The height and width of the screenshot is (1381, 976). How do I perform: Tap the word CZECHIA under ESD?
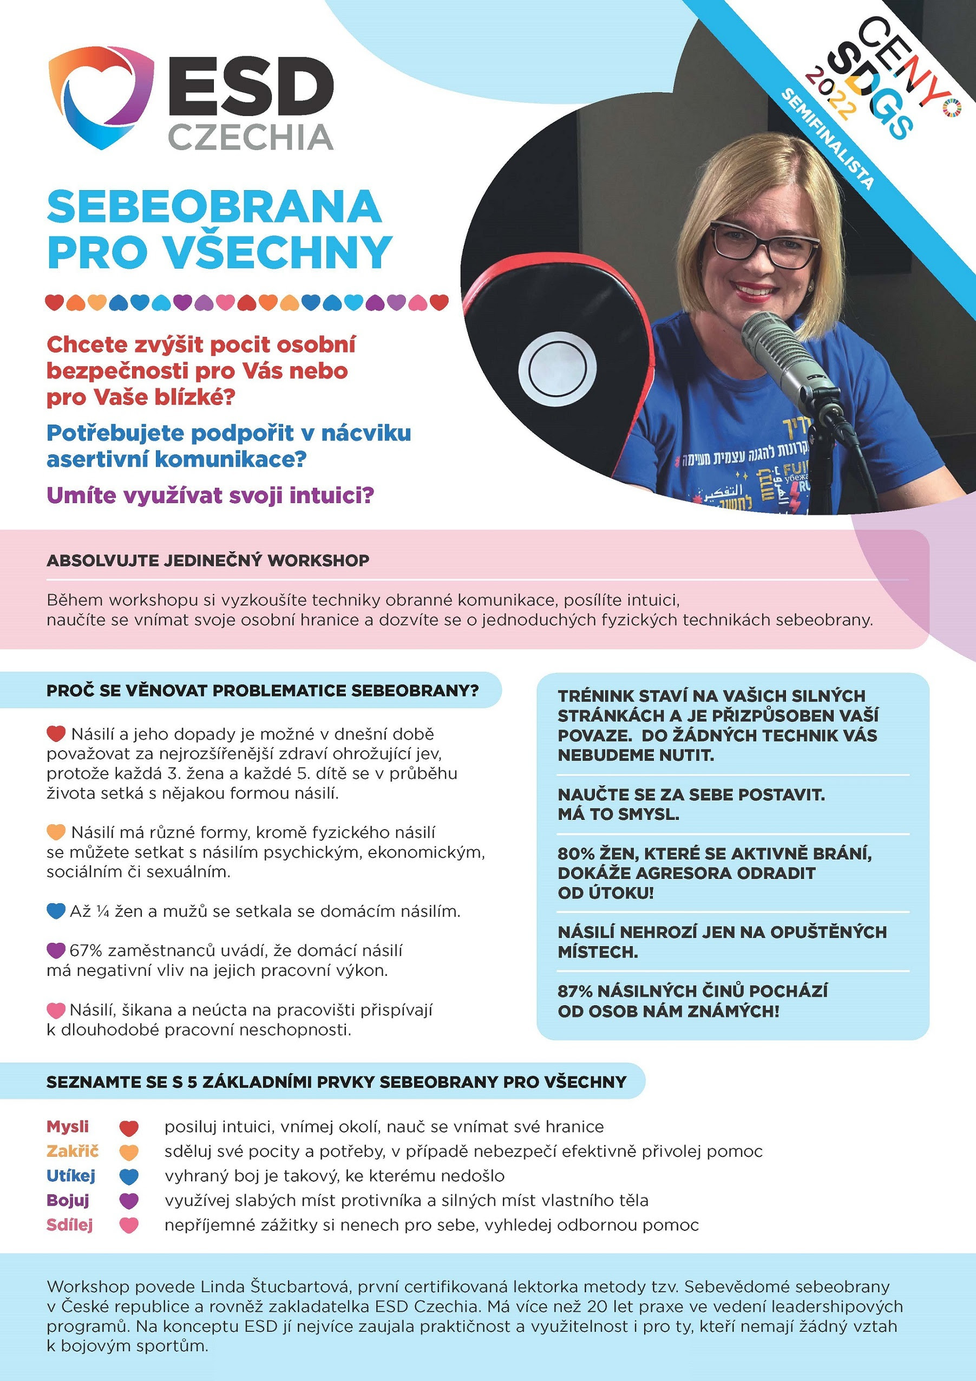pyautogui.click(x=250, y=138)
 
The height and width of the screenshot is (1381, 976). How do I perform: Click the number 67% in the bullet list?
pyautogui.click(x=86, y=950)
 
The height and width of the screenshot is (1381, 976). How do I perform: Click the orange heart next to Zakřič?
pyautogui.click(x=129, y=1152)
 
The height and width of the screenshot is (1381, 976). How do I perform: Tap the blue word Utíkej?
pyautogui.click(x=71, y=1175)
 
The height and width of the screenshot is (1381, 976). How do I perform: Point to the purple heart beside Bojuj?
pyautogui.click(x=129, y=1201)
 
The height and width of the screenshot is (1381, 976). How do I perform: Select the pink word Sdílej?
pyautogui.click(x=70, y=1224)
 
